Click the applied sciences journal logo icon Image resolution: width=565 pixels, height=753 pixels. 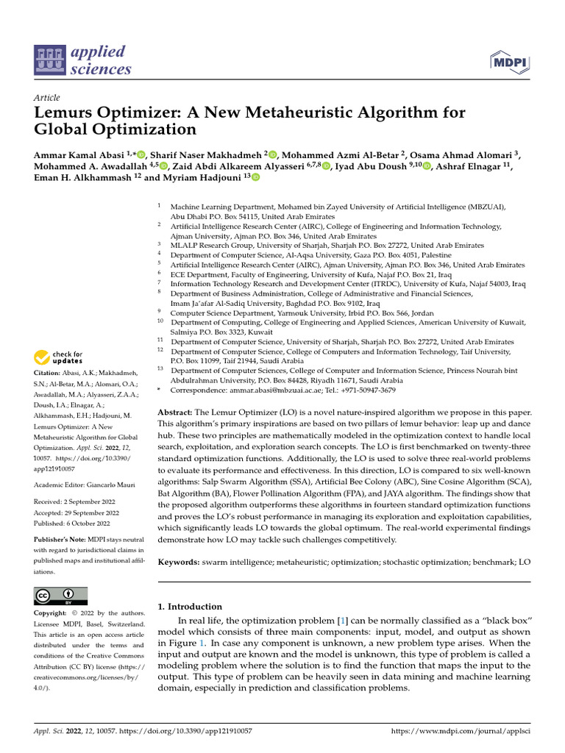pyautogui.click(x=49, y=61)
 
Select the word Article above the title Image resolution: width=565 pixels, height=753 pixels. pyautogui.click(x=47, y=97)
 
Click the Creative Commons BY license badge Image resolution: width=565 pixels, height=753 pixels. pyautogui.click(x=60, y=596)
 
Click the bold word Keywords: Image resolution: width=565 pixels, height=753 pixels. pyautogui.click(x=179, y=562)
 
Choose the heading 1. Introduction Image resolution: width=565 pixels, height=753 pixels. pyautogui.click(x=190, y=607)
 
